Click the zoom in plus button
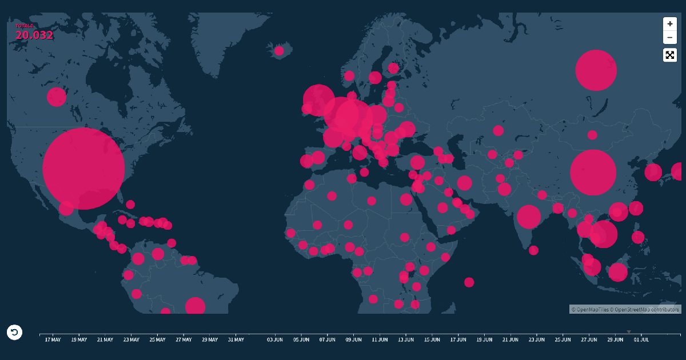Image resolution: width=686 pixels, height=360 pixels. pos(669,24)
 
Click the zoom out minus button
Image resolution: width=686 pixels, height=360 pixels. pos(669,38)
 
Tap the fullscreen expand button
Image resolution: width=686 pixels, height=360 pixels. pos(669,55)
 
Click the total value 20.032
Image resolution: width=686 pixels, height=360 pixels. pos(34,35)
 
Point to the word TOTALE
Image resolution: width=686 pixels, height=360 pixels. pos(25,26)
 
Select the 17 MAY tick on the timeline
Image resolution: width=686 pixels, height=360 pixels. pos(53,339)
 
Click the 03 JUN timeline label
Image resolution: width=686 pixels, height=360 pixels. pos(275,339)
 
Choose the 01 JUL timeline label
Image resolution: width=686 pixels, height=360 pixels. pos(641,339)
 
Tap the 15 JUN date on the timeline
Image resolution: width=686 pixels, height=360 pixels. pos(432,339)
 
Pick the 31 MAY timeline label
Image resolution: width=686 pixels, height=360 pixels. pos(236,339)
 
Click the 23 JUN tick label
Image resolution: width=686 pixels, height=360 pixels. pos(536,339)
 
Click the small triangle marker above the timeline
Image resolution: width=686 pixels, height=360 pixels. pos(629,331)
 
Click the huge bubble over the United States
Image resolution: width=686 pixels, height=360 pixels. pos(83,169)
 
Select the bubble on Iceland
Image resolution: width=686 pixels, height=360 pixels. pos(279,51)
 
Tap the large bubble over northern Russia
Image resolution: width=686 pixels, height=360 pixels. pos(596,70)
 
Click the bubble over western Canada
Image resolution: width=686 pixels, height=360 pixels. pos(57,97)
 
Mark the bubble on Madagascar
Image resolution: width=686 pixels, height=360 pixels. pos(469,282)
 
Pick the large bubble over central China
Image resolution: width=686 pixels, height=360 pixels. pos(593,173)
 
